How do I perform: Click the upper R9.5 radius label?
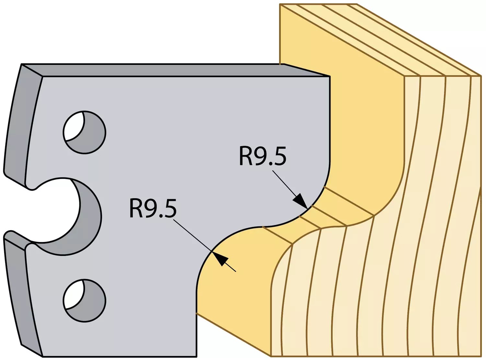pyautogui.click(x=262, y=156)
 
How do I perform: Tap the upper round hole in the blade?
pyautogui.click(x=85, y=132)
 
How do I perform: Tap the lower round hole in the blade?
pyautogui.click(x=85, y=301)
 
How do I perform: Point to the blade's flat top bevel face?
pyautogui.click(x=175, y=70)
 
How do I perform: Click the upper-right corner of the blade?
pyautogui.click(x=330, y=77)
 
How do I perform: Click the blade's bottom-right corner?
pyautogui.click(x=197, y=356)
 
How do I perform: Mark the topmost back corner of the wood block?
pyautogui.click(x=280, y=4)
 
